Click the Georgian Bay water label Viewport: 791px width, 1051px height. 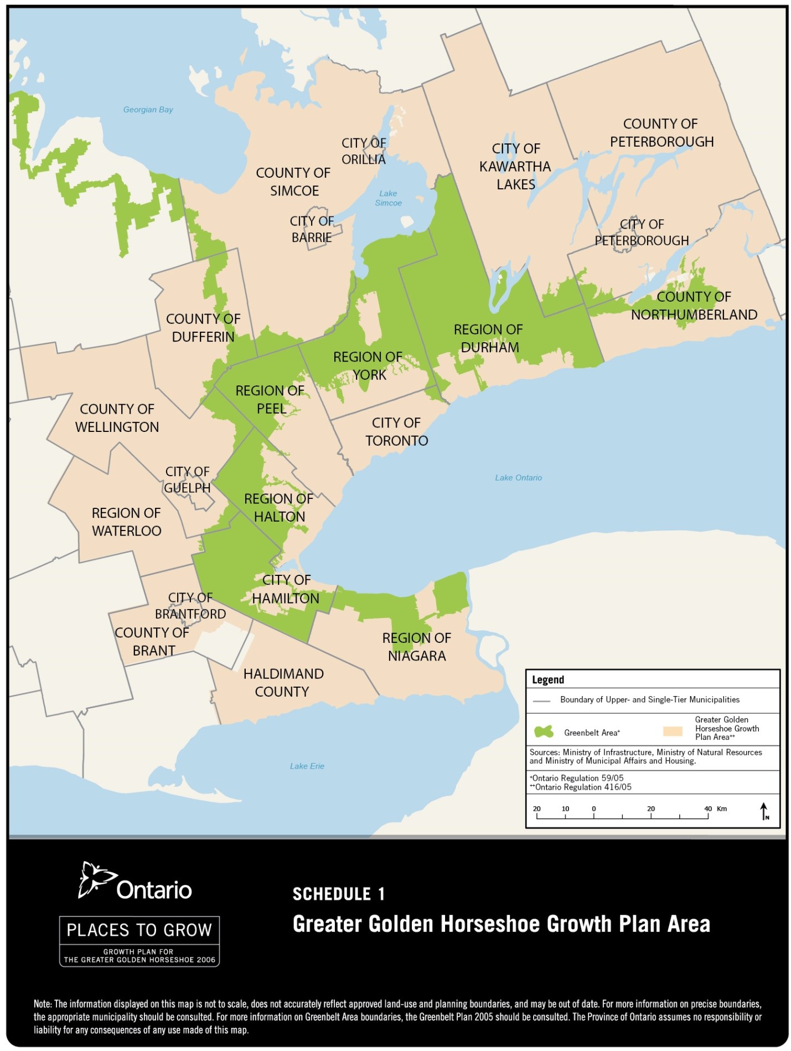coord(148,110)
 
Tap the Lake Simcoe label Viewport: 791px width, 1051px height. coord(388,198)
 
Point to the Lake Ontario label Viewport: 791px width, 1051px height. coord(518,478)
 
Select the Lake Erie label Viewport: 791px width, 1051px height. coord(307,766)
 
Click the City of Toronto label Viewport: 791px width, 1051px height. coord(396,432)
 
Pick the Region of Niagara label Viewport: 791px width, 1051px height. coord(416,647)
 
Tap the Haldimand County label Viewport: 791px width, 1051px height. coord(283,683)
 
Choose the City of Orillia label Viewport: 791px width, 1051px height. coord(363,151)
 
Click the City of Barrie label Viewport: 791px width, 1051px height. coord(312,229)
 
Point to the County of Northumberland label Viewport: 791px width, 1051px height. coord(694,306)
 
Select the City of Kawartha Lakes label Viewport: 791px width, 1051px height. coord(515,167)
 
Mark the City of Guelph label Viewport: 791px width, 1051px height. coord(187,480)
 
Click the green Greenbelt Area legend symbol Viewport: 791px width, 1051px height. coord(544,732)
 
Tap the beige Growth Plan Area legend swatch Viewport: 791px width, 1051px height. coord(673,732)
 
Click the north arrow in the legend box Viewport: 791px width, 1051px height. coord(764,811)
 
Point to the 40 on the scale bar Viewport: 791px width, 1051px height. coord(707,808)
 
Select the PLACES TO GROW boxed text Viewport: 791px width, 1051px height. coord(139,930)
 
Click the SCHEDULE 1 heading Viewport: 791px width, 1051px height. coord(338,894)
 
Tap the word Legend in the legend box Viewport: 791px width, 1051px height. coord(547,680)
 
